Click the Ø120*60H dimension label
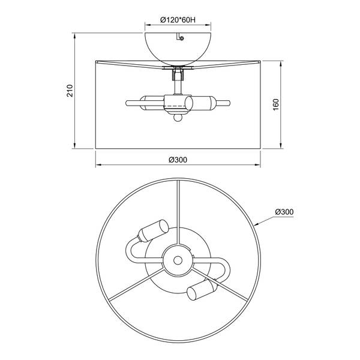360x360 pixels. click(178, 20)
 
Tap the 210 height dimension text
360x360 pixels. click(70, 91)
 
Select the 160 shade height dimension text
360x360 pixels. click(276, 104)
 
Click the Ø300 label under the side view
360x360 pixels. click(178, 160)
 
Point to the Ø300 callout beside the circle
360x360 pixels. click(284, 212)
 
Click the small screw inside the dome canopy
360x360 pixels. click(182, 38)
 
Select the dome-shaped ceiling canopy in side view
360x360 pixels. click(178, 49)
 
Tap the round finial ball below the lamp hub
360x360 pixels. click(178, 118)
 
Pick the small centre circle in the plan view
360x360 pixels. click(178, 260)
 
